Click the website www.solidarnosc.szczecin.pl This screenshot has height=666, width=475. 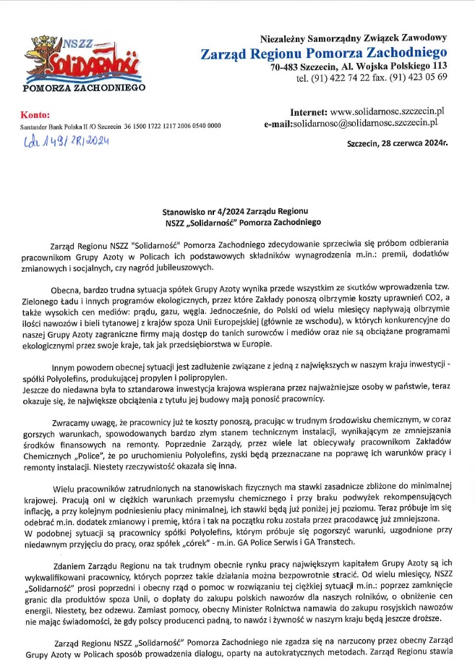point(387,112)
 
